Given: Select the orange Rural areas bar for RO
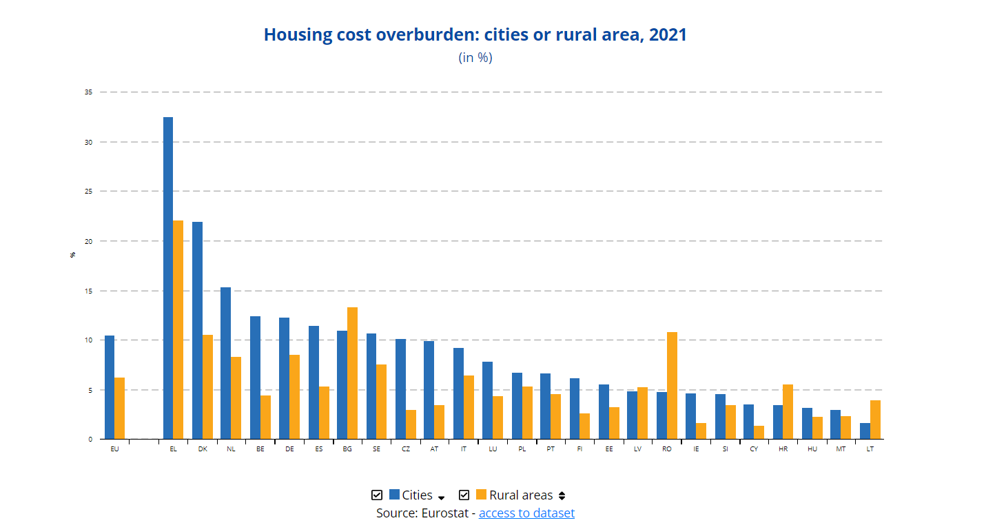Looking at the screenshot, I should [x=672, y=385].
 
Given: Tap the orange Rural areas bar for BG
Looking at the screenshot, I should [x=352, y=373].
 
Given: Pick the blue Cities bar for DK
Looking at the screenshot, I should [x=197, y=330].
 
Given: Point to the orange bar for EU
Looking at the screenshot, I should [x=119, y=408].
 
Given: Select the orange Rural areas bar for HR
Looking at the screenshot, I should [x=788, y=411].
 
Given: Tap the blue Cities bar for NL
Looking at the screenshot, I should [x=225, y=363].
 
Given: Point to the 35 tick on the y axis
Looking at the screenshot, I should [x=88, y=92].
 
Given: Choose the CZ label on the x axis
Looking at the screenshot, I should [x=406, y=449].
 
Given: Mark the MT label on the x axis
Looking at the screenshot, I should [x=841, y=449].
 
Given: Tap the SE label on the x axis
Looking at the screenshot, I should [x=376, y=449].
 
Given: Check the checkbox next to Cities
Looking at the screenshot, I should [x=377, y=495].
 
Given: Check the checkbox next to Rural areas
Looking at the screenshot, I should [x=464, y=495].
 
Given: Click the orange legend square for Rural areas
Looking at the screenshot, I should [x=481, y=495].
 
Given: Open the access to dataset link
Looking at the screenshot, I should [x=526, y=513].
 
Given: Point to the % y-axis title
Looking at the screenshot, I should [x=73, y=255].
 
